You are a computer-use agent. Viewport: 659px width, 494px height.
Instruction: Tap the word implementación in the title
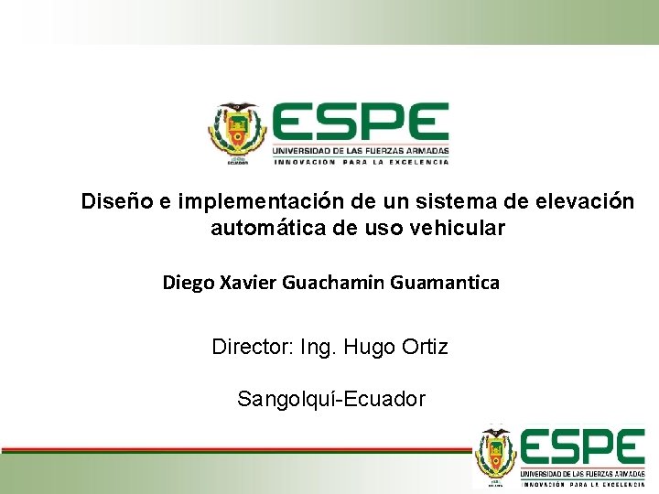(256, 200)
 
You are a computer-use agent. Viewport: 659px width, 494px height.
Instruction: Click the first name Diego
(189, 283)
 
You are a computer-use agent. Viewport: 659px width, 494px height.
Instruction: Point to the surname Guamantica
(445, 283)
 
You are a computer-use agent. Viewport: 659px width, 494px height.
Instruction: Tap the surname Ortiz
(424, 348)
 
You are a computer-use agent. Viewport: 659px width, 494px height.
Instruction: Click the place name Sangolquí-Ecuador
(330, 399)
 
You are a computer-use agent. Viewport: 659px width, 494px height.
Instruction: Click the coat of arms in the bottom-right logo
(495, 456)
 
